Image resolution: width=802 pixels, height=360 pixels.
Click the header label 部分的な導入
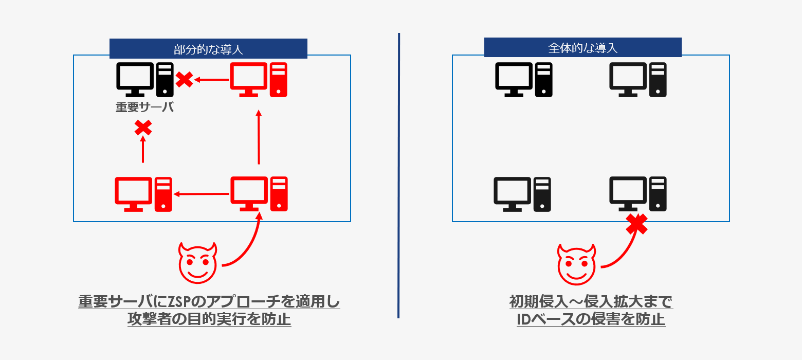tap(208, 49)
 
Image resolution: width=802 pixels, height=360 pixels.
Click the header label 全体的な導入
tap(582, 48)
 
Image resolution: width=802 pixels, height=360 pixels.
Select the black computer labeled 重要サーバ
tap(144, 79)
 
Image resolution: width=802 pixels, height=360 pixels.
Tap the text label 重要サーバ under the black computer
tap(144, 107)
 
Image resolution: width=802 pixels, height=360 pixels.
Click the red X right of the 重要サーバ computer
tap(185, 79)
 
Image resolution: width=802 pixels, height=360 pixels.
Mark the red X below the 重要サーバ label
tap(143, 127)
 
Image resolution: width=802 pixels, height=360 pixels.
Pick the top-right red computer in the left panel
tap(259, 79)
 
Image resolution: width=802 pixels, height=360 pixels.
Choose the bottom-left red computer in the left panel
tap(143, 194)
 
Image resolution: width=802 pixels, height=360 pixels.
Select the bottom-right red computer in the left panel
tap(259, 194)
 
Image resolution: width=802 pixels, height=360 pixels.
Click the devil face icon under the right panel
tap(576, 263)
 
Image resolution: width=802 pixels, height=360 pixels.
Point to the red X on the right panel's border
tap(636, 224)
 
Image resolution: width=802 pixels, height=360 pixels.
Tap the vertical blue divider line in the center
tap(398, 175)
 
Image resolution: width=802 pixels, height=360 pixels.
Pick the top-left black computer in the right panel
tap(523, 79)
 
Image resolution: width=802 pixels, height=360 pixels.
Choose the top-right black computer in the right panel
tap(638, 79)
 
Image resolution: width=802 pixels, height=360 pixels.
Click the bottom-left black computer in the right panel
tap(522, 194)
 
